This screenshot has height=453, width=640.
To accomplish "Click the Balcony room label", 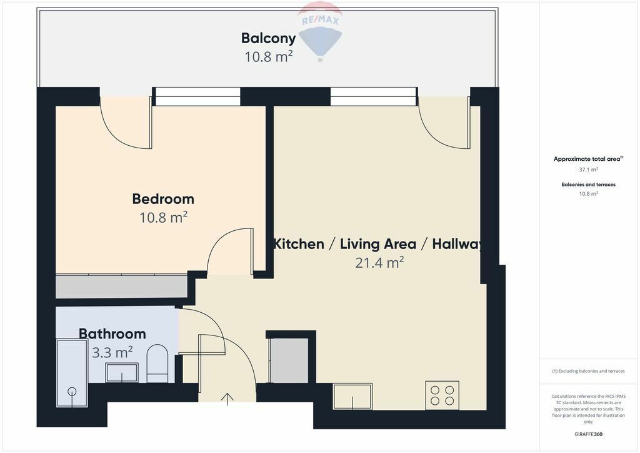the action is (x=268, y=38).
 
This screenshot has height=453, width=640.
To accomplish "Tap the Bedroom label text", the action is (x=163, y=199).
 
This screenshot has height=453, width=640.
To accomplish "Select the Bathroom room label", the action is (x=112, y=333).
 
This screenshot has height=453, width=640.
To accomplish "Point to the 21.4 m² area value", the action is (x=379, y=262).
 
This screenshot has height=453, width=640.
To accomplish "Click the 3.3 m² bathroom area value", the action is (x=112, y=352).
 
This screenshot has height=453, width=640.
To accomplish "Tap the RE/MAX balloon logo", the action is (x=321, y=31).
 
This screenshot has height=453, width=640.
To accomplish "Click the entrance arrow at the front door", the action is (x=227, y=399).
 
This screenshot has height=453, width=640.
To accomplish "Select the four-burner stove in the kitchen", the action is (x=442, y=395).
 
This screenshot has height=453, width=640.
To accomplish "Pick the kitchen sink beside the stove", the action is (x=352, y=396).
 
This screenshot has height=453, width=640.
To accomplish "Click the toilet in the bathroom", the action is (x=157, y=364).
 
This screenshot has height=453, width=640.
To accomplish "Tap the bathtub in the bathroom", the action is (x=72, y=373).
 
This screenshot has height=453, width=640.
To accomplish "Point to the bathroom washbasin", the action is (x=122, y=372).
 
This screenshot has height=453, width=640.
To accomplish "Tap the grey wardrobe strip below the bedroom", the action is (x=122, y=287).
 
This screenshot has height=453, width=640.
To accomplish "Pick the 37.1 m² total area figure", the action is (x=589, y=169).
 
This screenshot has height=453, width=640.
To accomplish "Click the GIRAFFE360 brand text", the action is (x=589, y=434).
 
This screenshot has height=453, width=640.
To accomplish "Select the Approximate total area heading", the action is (x=588, y=159).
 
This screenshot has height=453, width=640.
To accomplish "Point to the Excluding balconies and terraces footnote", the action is (x=588, y=371).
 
